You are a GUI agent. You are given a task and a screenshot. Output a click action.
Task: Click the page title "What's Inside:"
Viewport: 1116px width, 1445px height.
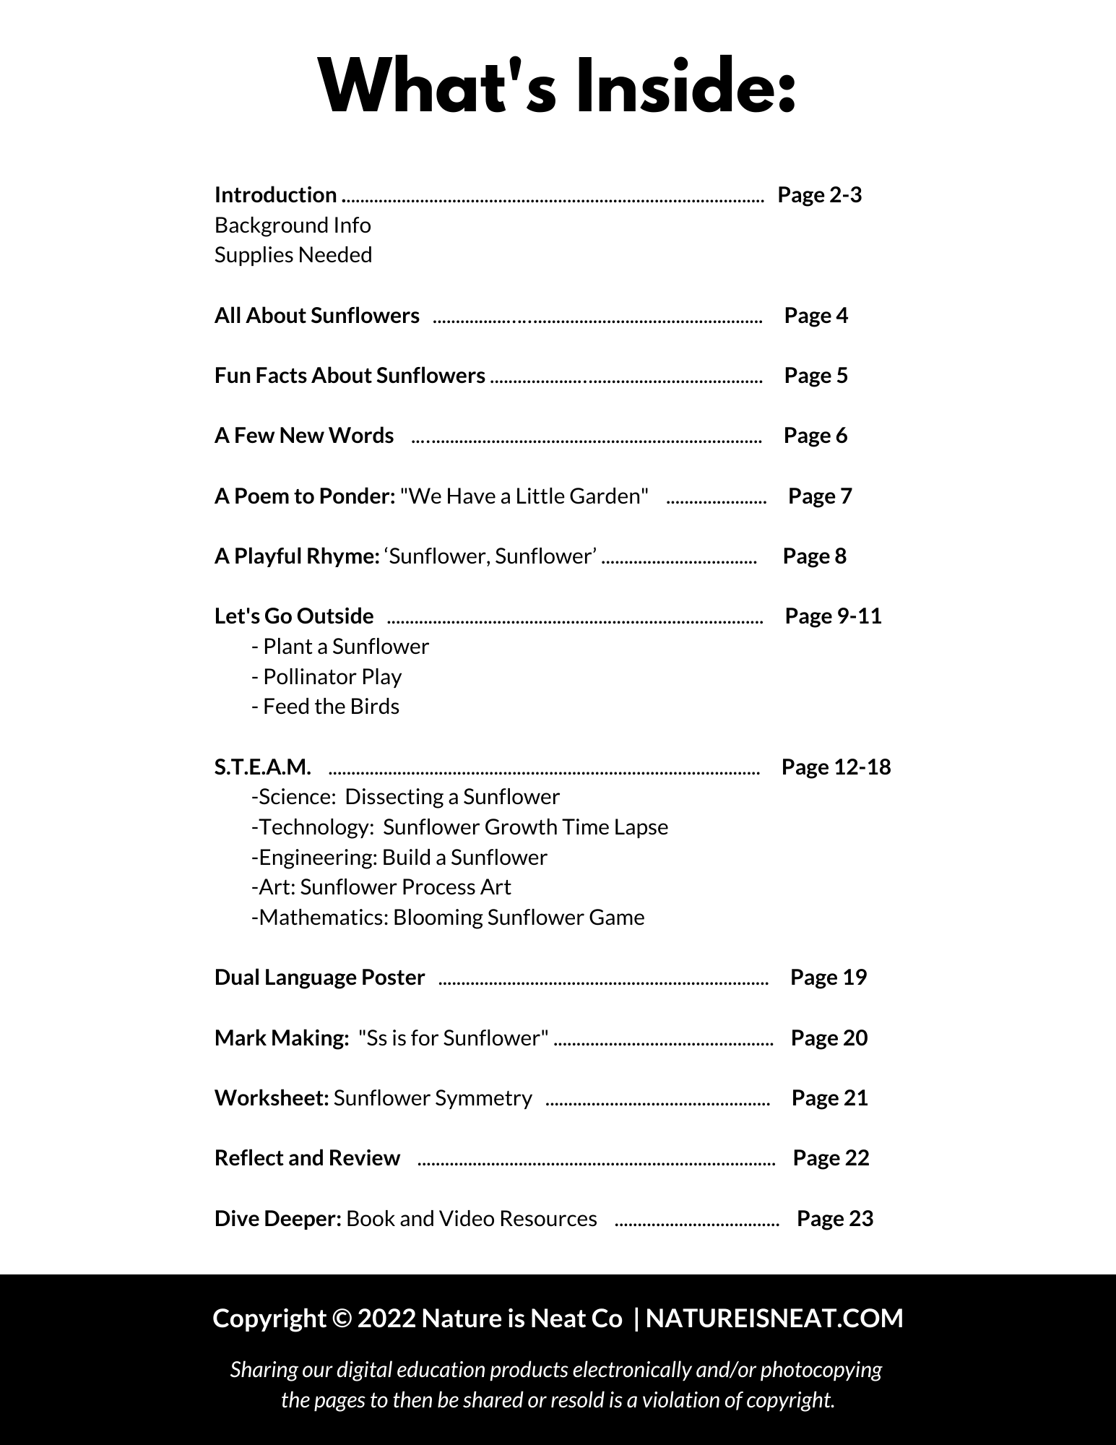tap(558, 85)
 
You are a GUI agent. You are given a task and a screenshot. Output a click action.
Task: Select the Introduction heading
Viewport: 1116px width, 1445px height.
tap(275, 195)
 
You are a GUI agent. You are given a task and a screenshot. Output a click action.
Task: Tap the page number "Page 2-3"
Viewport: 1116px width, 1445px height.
tap(819, 195)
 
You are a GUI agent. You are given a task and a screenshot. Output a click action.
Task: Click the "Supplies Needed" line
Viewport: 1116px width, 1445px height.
tap(293, 255)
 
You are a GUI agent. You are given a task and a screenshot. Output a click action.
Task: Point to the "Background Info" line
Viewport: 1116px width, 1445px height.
tap(293, 225)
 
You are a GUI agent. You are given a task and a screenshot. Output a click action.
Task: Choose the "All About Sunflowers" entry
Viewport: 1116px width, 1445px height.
tap(316, 316)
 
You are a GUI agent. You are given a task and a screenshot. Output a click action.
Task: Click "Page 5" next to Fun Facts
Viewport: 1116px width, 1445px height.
tap(816, 376)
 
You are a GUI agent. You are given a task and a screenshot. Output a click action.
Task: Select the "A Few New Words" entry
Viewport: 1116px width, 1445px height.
tap(304, 436)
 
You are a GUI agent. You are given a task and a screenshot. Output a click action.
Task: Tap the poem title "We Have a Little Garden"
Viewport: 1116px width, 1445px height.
tap(524, 496)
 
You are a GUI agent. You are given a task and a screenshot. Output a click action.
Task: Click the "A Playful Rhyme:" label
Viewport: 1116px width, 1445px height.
tap(297, 556)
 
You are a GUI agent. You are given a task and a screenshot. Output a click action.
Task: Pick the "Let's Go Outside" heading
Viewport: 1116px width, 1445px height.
tap(294, 616)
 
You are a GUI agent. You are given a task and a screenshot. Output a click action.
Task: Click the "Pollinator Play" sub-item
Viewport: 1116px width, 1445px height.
tap(326, 677)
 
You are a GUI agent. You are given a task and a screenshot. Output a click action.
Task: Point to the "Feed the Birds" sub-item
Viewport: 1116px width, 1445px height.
tap(325, 707)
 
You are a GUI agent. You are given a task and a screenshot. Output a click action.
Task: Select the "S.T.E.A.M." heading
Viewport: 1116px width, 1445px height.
tap(263, 767)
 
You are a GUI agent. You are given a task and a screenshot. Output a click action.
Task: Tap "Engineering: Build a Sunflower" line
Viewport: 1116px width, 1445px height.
tap(399, 858)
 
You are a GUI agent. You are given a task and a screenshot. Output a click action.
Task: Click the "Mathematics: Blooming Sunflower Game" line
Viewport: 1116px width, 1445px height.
tap(448, 918)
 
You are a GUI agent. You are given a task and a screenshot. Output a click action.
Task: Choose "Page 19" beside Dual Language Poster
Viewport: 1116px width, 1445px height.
tap(829, 978)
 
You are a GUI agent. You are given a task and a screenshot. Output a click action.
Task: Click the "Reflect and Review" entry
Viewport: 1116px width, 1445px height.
tap(307, 1158)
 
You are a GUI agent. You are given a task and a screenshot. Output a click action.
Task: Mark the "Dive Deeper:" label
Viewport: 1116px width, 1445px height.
tap(278, 1219)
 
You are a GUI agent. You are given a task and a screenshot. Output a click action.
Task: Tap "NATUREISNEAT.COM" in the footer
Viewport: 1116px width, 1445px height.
tap(774, 1319)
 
